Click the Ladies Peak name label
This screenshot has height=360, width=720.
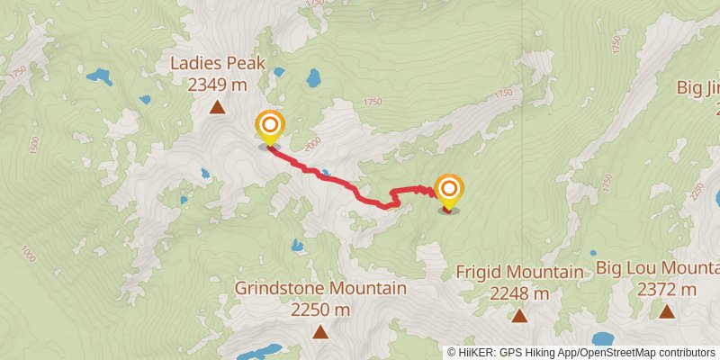coord(217,64)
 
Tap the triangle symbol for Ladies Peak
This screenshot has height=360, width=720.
coord(217,109)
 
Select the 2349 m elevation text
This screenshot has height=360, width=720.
coord(217,85)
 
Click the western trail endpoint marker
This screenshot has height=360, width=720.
coord(269,127)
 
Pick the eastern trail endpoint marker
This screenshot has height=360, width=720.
coord(448,191)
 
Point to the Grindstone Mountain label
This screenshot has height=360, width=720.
coord(320,289)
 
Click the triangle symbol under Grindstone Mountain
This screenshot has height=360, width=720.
coord(320,331)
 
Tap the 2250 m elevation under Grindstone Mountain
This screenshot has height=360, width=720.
coord(320,310)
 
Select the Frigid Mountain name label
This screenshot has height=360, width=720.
coord(519,272)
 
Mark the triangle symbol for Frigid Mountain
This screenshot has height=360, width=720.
coord(519,315)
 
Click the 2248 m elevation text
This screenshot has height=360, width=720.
coord(519,293)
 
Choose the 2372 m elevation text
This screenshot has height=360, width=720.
coord(666,290)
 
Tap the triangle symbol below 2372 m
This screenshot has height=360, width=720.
coord(666,311)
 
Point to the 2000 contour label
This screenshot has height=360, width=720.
coord(312,144)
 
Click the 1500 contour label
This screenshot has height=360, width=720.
coord(35,144)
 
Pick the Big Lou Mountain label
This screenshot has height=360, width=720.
coord(658,268)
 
